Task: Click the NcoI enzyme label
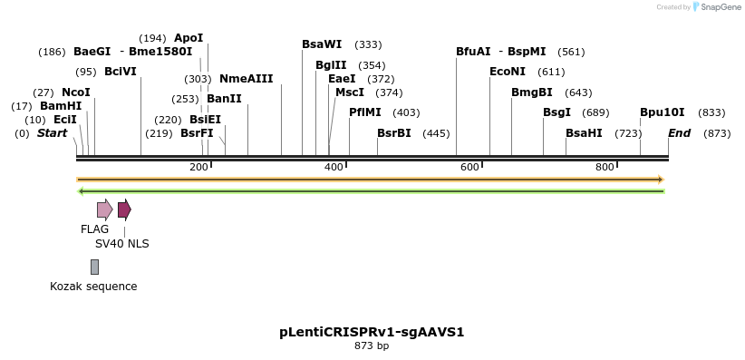76,92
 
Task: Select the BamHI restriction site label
61,106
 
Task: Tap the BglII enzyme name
330,65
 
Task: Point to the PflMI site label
365,112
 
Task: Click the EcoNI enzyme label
508,72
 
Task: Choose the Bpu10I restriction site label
663,112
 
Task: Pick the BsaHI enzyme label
584,133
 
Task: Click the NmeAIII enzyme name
246,79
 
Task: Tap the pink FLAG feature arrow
104,210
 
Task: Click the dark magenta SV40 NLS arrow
124,210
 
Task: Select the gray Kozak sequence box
94,267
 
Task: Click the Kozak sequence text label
93,287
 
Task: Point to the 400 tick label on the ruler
334,167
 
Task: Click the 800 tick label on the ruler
605,167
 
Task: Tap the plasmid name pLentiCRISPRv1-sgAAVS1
372,332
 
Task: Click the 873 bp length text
372,345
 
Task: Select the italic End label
679,133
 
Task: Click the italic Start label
52,133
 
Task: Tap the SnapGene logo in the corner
716,7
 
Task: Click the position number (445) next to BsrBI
436,133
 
